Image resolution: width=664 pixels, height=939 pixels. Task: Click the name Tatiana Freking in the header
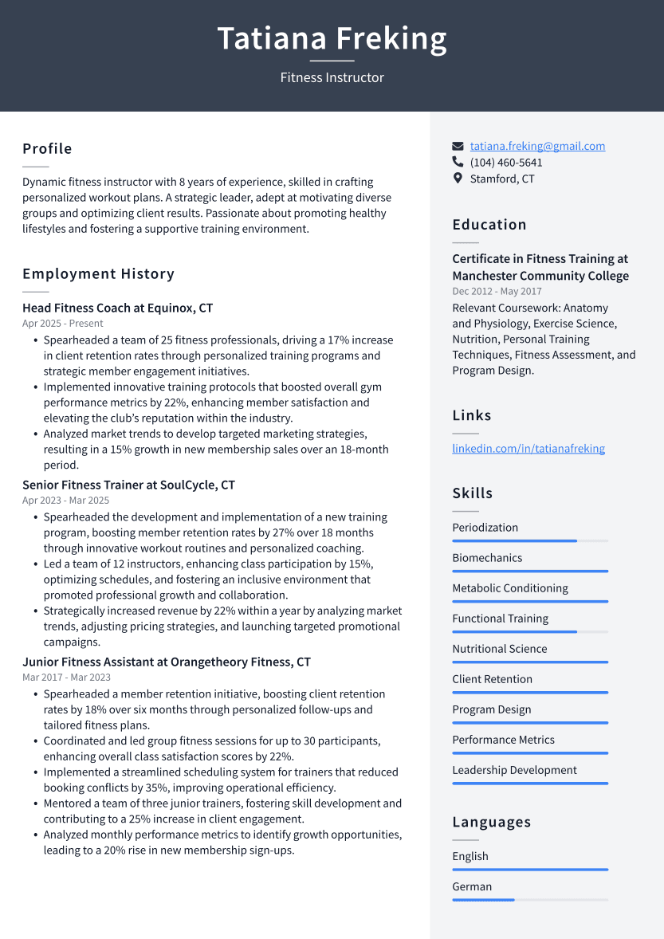[332, 38]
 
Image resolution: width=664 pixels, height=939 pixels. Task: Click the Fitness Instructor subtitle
[332, 77]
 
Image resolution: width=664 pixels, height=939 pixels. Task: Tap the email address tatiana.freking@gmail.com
[537, 146]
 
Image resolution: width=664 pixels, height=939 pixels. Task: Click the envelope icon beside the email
[458, 147]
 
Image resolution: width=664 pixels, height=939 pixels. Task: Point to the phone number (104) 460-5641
[505, 163]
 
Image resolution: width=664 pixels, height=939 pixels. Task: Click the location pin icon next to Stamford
[458, 179]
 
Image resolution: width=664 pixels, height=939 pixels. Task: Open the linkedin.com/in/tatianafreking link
[528, 449]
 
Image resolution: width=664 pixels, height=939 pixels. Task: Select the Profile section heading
[47, 149]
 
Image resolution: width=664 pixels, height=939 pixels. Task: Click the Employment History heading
[98, 274]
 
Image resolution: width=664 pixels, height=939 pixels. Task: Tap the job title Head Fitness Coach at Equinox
[117, 308]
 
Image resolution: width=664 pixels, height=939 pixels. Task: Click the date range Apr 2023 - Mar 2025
[65, 501]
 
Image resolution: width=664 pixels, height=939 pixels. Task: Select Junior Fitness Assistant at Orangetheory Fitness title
[166, 662]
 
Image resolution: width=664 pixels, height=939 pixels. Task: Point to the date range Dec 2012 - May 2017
[497, 292]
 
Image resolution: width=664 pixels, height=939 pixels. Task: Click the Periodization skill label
[485, 528]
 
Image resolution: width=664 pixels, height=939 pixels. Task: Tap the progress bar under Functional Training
[529, 632]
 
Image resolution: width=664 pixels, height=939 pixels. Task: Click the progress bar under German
[529, 900]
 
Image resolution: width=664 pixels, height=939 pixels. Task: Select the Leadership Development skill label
[514, 770]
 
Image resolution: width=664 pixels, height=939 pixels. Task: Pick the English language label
[470, 856]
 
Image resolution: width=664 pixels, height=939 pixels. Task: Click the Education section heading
[489, 225]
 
